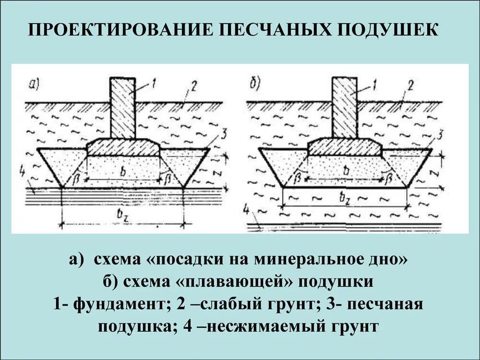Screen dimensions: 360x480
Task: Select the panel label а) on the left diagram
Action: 34,85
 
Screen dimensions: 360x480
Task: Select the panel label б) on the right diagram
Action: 255,85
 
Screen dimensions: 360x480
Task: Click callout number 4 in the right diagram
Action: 246,210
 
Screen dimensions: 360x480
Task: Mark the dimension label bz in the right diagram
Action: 344,196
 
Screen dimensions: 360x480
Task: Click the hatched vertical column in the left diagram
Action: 122,108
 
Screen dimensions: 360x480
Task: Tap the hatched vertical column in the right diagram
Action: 344,108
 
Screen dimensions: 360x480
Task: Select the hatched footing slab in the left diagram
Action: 123,147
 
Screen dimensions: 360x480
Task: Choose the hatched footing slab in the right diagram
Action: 345,147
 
